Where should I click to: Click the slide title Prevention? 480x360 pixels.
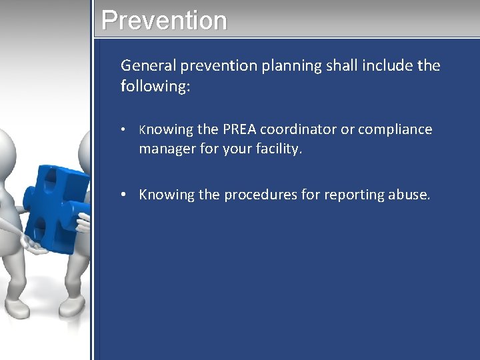pyautogui.click(x=164, y=20)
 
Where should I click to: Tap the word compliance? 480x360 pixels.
pyautogui.click(x=395, y=129)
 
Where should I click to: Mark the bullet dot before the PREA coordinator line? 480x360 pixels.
pyautogui.click(x=125, y=130)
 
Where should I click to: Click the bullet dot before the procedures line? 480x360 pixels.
pyautogui.click(x=125, y=195)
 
